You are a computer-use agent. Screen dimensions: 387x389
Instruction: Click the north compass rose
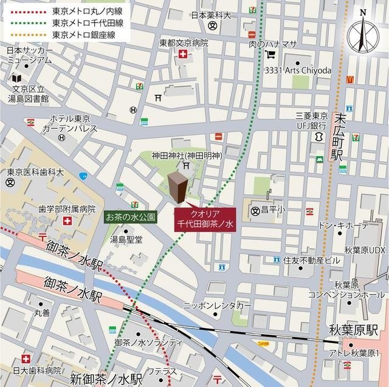click(x=363, y=34)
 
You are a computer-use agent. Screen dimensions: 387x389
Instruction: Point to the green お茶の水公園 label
click(x=131, y=216)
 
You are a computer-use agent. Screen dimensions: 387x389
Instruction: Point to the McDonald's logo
click(x=350, y=79)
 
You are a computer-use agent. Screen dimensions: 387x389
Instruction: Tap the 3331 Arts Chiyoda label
click(x=298, y=70)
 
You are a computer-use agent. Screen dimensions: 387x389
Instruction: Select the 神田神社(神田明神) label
click(x=187, y=156)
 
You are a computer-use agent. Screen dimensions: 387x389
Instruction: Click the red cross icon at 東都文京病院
click(x=182, y=55)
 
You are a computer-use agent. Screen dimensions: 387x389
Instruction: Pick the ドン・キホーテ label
click(x=343, y=225)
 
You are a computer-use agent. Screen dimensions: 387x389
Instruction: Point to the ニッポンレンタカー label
click(x=217, y=306)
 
